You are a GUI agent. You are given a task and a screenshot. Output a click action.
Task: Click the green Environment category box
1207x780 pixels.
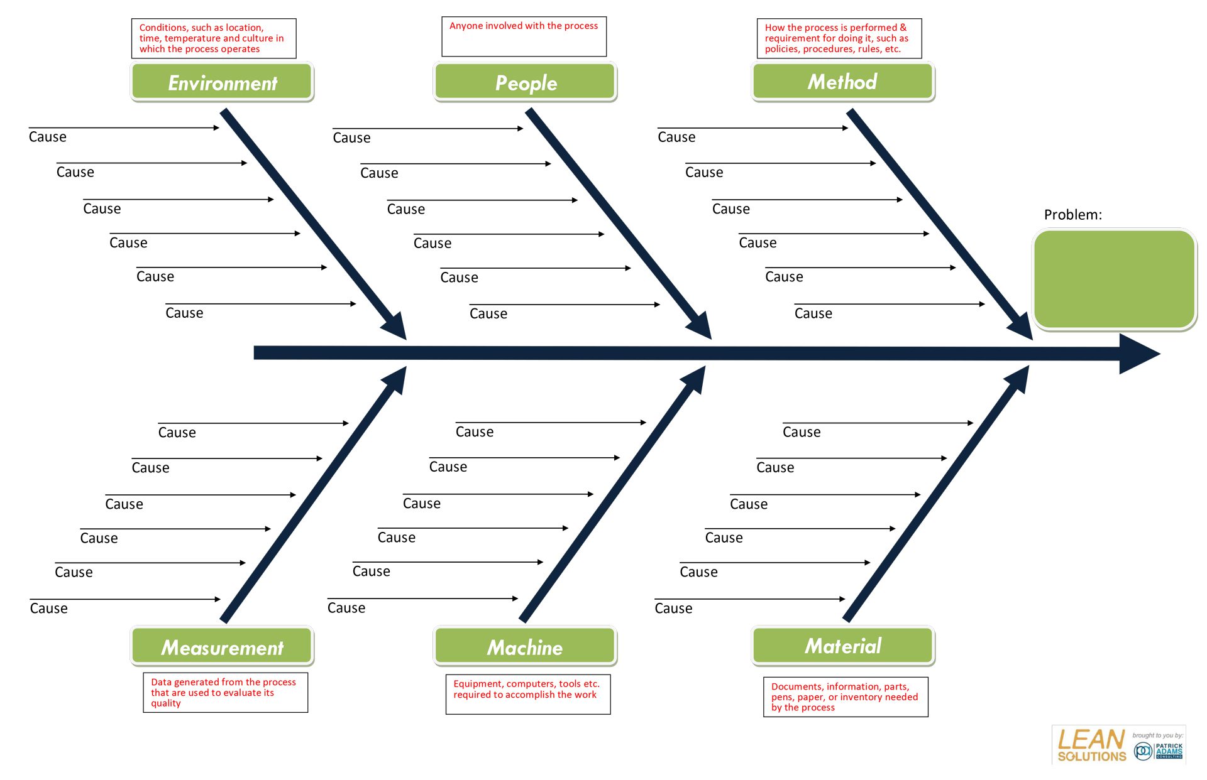tap(222, 82)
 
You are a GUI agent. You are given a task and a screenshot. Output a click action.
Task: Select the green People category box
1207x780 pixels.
tap(526, 82)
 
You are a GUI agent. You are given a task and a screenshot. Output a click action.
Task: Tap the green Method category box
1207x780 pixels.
tap(842, 82)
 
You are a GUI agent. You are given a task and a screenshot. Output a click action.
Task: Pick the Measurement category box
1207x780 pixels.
tap(222, 647)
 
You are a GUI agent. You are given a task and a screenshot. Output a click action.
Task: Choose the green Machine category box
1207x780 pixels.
tap(526, 647)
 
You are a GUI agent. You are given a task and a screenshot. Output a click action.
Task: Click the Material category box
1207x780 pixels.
tap(842, 646)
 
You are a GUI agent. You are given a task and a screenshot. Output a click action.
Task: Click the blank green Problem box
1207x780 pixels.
tap(1114, 279)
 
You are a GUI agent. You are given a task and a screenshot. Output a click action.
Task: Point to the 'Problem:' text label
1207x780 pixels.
tap(1072, 215)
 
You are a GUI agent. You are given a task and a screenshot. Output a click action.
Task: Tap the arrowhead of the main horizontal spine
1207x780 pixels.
tap(1138, 354)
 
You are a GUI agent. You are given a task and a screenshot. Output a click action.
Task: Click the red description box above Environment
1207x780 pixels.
tap(213, 38)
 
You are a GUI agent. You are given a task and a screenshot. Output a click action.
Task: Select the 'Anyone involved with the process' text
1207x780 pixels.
tap(524, 26)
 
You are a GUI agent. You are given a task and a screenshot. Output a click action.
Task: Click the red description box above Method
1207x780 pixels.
tap(839, 38)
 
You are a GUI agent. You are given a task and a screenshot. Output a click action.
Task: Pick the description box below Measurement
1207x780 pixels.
tap(225, 693)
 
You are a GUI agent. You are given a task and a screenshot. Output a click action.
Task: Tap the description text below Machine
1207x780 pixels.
tap(527, 690)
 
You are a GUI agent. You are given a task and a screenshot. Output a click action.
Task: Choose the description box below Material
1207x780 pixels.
tap(845, 696)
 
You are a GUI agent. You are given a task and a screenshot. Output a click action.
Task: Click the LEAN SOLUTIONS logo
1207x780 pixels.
tap(1091, 745)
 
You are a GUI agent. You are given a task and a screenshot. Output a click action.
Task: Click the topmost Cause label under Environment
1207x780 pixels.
tap(48, 137)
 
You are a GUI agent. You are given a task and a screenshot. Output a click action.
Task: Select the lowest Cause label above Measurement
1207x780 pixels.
tap(49, 608)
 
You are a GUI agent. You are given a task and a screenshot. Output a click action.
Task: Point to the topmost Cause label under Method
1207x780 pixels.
tap(676, 137)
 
